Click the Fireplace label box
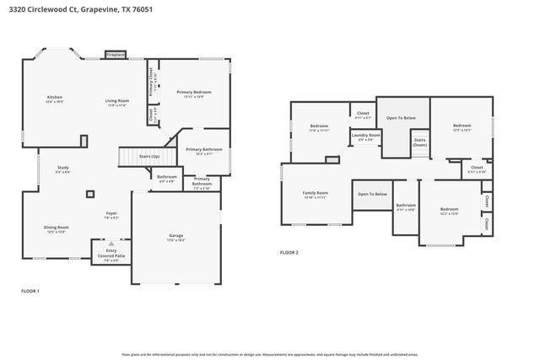[116, 55]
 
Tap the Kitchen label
[54, 99]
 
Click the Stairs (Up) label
[150, 156]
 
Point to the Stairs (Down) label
[419, 142]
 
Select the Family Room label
[316, 193]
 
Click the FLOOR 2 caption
[289, 252]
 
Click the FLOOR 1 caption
[30, 291]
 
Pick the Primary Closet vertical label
[151, 81]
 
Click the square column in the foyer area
[90, 193]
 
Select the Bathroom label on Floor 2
[407, 205]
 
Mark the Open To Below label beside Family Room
[372, 194]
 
